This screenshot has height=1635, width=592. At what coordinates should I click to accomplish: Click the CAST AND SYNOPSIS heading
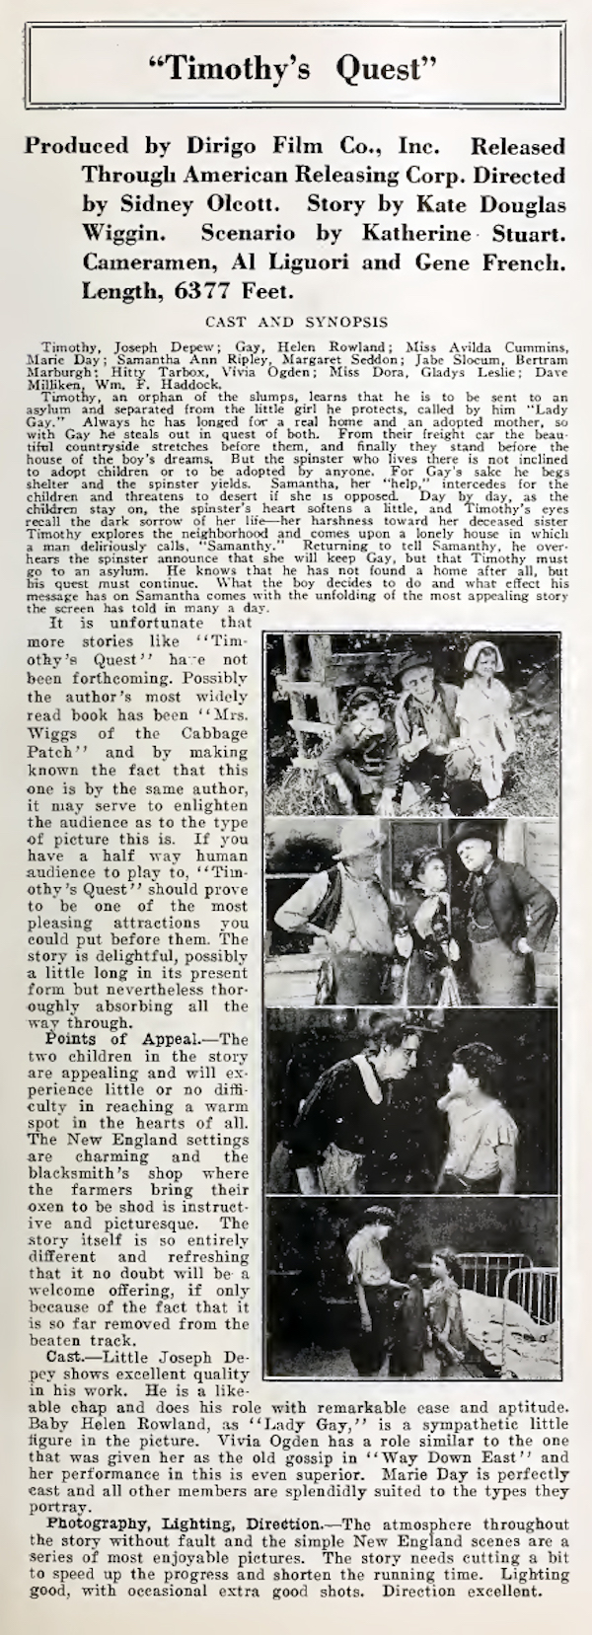295,321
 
